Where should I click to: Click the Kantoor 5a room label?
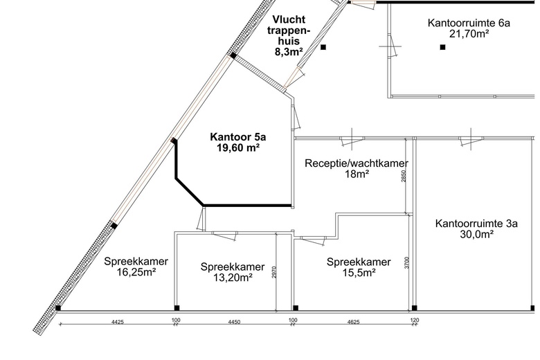click(x=237, y=137)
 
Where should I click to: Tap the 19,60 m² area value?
click(x=237, y=147)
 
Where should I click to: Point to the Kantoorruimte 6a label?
click(x=469, y=23)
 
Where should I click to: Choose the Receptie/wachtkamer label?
click(x=356, y=163)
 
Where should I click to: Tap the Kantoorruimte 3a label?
click(x=476, y=223)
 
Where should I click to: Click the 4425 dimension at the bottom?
click(x=116, y=321)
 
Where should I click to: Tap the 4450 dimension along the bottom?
click(x=235, y=321)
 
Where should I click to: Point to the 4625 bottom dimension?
click(x=352, y=321)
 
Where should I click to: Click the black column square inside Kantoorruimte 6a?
click(x=442, y=47)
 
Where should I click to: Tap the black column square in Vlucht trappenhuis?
click(x=324, y=47)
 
